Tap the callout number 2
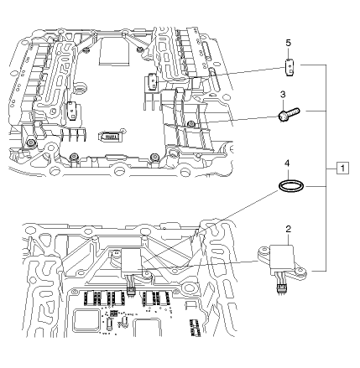pyautogui.click(x=288, y=228)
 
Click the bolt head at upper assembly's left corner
pyautogui.click(x=31, y=143)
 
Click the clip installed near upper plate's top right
pyautogui.click(x=152, y=82)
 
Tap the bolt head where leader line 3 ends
pyautogui.click(x=192, y=123)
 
